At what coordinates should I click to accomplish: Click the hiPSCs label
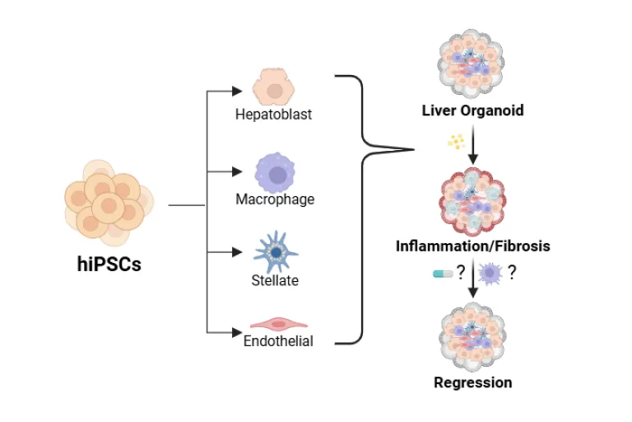click(x=109, y=265)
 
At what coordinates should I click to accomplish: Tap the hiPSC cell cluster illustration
click(x=109, y=203)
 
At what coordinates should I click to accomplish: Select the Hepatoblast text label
click(x=274, y=115)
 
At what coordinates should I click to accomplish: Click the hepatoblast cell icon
click(x=274, y=87)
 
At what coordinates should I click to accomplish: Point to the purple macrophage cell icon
click(x=276, y=173)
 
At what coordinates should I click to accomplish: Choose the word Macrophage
click(x=276, y=199)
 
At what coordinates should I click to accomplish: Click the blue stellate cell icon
click(x=276, y=252)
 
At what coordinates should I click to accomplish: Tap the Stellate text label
click(x=276, y=280)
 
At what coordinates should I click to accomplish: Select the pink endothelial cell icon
click(x=278, y=324)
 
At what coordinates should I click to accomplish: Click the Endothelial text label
click(x=278, y=341)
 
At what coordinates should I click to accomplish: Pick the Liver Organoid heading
click(x=473, y=110)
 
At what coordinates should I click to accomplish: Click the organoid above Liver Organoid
click(x=471, y=63)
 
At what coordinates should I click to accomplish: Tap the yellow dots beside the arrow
click(x=456, y=141)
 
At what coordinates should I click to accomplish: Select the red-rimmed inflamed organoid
click(x=472, y=201)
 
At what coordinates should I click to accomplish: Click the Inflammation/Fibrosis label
click(x=473, y=246)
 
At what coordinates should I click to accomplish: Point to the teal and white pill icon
click(x=443, y=274)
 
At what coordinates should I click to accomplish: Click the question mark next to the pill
click(x=461, y=272)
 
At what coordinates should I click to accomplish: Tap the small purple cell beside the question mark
click(x=490, y=274)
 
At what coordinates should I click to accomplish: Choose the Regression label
click(x=473, y=382)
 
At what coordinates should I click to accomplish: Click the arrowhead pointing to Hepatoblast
click(x=237, y=91)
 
